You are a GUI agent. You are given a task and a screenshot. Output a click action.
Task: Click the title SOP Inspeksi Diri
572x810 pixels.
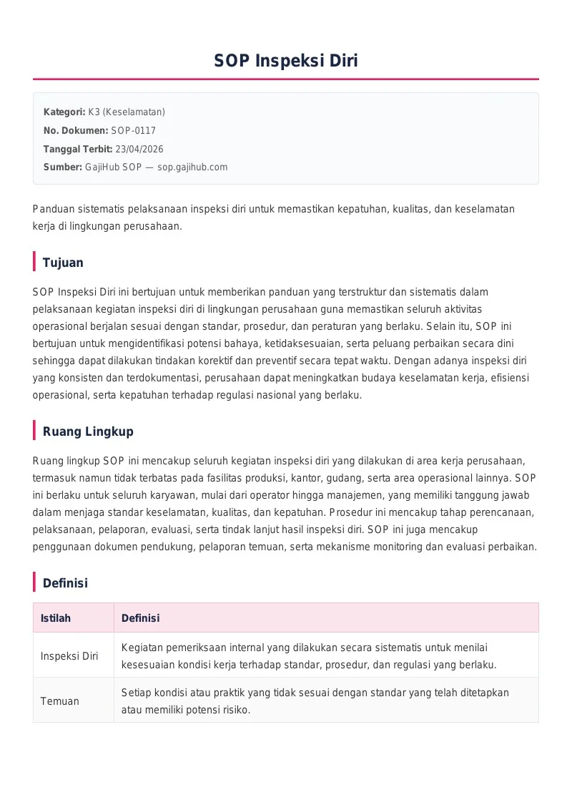click(286, 61)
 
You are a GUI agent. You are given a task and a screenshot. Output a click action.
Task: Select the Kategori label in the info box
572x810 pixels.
click(64, 112)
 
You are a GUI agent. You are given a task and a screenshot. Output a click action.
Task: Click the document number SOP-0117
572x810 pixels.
click(133, 131)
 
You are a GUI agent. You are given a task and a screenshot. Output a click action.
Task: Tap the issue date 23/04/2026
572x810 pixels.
click(139, 149)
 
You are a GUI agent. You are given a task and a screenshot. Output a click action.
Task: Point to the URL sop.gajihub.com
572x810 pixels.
click(192, 167)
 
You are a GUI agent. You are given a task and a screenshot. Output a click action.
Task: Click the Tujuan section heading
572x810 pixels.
click(63, 263)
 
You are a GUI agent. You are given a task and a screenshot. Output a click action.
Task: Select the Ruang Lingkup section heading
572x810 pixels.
click(88, 431)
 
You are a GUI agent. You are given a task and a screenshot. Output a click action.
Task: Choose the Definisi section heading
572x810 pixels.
click(65, 583)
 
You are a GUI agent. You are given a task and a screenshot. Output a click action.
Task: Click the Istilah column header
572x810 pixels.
click(56, 618)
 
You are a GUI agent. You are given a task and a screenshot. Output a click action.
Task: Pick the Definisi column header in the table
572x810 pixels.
click(140, 618)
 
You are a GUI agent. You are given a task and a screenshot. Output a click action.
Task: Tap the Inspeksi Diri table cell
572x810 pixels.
click(69, 656)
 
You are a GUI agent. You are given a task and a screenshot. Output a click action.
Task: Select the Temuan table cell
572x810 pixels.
click(60, 701)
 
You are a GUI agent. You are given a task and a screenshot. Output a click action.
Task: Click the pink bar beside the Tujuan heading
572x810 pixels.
click(34, 262)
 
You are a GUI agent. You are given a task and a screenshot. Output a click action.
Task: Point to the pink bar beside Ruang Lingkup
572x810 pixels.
click(34, 431)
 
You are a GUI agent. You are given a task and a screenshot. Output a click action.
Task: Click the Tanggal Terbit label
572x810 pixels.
click(78, 149)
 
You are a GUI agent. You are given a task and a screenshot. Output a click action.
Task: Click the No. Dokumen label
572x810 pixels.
click(76, 131)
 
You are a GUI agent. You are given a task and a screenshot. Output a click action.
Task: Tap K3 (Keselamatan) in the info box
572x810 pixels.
click(127, 112)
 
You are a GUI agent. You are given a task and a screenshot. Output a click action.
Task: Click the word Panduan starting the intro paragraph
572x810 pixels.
click(53, 209)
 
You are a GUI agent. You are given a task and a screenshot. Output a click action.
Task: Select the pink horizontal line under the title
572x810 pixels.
click(286, 79)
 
